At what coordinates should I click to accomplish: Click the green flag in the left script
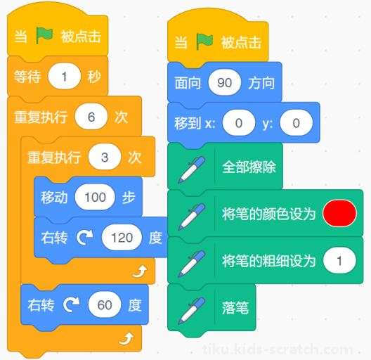(x=44, y=36)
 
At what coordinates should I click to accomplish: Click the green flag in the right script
(x=204, y=41)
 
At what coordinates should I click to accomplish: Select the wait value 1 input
(x=65, y=76)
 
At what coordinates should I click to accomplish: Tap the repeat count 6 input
(x=91, y=117)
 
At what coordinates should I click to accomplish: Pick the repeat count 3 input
(x=105, y=157)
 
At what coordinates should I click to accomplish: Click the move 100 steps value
(x=95, y=197)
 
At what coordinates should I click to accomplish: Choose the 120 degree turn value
(x=122, y=238)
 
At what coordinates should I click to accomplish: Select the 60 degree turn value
(x=105, y=304)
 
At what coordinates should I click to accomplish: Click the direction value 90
(x=225, y=82)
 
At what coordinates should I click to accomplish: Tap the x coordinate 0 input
(x=239, y=122)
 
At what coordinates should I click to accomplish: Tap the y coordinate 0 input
(x=297, y=122)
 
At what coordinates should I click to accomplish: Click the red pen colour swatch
(x=339, y=213)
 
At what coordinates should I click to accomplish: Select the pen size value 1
(x=339, y=261)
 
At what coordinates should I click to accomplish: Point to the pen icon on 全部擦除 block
(x=192, y=169)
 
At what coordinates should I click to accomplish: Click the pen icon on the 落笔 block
(x=192, y=311)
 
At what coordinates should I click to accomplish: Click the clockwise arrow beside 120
(x=85, y=238)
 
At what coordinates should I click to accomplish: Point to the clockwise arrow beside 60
(x=72, y=304)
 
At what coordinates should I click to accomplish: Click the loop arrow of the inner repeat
(x=140, y=271)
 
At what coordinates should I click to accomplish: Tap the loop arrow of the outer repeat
(x=126, y=339)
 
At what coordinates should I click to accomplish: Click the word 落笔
(x=235, y=308)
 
